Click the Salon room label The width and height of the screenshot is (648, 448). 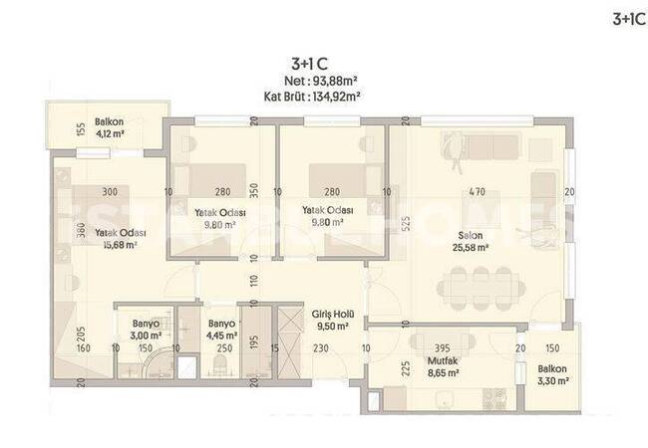tap(471, 236)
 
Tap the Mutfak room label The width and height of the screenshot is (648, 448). tap(443, 361)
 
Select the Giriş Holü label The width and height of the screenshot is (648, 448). tap(333, 314)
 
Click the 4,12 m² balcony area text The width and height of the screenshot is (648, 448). tap(110, 133)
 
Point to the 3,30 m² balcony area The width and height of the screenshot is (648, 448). tap(552, 380)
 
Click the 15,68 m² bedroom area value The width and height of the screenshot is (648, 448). tap(121, 245)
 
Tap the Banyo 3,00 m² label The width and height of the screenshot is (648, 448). tap(146, 330)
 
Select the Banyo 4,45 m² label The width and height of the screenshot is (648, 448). tap(222, 330)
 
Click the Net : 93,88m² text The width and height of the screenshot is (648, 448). tap(321, 81)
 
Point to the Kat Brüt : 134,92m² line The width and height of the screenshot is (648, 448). tap(312, 97)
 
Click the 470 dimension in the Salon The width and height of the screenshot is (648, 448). tap(478, 192)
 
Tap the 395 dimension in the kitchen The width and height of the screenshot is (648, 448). tap(443, 348)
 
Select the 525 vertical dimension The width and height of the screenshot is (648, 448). tap(406, 224)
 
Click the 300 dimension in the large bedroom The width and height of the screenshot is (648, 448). tap(110, 192)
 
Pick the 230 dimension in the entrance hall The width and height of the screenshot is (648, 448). tap(321, 348)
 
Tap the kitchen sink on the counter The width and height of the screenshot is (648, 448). tap(445, 399)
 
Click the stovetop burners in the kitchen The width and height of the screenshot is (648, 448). tap(494, 399)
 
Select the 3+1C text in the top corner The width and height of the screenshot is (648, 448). tap(629, 19)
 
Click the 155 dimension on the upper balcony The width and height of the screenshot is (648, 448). tap(81, 129)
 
